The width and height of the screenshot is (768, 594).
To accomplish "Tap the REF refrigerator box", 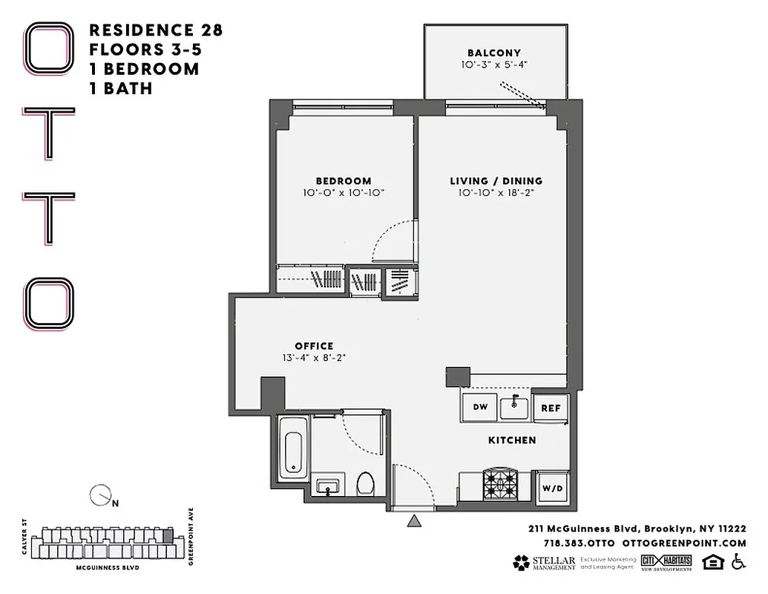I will (550, 408).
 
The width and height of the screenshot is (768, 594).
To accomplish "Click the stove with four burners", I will (501, 486).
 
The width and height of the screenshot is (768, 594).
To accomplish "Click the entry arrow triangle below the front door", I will (414, 522).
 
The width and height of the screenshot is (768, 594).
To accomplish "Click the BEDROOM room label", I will (343, 180).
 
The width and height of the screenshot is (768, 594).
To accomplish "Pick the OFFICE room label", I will (314, 345).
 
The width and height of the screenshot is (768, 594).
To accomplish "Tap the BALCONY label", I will (493, 53).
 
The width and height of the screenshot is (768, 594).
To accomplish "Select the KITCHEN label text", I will (512, 440).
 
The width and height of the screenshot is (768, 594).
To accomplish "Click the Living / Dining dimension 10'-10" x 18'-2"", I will (496, 193).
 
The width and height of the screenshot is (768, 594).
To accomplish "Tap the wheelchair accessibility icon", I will (738, 562).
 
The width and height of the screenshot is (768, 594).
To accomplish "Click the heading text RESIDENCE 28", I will (156, 30).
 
